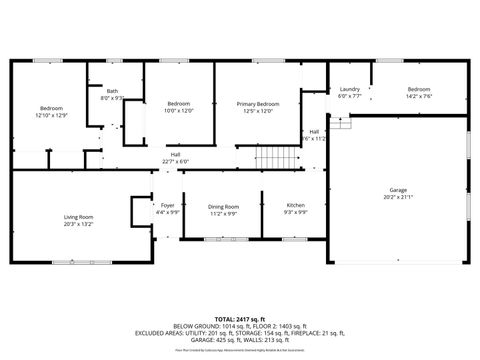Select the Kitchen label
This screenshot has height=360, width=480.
coord(295,205)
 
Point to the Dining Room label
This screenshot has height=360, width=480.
coord(224,206)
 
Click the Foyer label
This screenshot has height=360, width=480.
coord(168,205)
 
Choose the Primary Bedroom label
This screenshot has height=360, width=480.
coord(258,104)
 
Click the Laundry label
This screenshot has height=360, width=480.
coord(349,89)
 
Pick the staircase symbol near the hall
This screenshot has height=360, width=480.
coord(278,159)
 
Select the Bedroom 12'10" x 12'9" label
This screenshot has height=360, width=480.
coord(51,107)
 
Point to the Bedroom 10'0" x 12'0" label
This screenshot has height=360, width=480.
coord(179,104)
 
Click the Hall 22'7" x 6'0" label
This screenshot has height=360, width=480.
coord(175,154)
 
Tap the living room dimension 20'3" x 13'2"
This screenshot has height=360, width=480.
coord(78,224)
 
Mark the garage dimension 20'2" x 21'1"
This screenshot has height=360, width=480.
coord(398,196)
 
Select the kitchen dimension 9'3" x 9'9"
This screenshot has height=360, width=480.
coord(295,213)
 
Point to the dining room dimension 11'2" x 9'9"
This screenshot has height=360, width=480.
coord(224,213)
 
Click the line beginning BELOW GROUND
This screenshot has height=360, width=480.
coord(240,325)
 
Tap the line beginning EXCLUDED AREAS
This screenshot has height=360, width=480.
coord(240,334)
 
